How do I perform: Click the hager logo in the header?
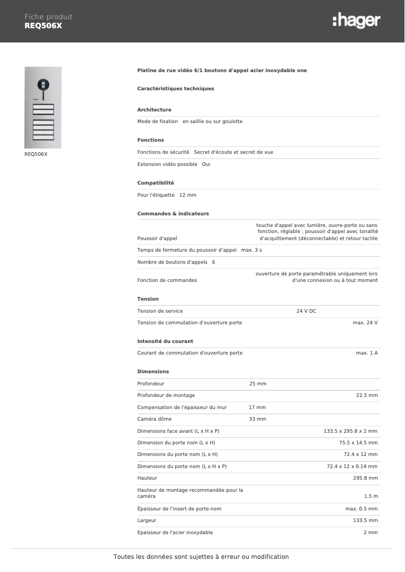[356, 21]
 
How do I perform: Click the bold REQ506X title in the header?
[43, 26]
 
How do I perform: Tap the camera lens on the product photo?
[43, 84]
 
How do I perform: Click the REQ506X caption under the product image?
[36, 154]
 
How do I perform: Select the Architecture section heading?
[154, 110]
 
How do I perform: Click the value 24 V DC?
[306, 311]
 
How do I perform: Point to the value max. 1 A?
[367, 353]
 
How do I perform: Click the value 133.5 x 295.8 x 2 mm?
[350, 431]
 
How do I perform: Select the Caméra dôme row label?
[154, 419]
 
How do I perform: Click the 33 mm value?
[258, 419]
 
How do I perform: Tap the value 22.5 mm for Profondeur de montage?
[367, 395]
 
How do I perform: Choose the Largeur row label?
[146, 521]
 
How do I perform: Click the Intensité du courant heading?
[165, 341]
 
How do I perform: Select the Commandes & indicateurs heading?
[173, 214]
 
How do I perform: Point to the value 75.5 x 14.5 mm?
[358, 443]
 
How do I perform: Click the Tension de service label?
[160, 311]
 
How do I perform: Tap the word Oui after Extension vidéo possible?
[206, 164]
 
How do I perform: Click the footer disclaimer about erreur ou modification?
[201, 557]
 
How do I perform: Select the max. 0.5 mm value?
[361, 509]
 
